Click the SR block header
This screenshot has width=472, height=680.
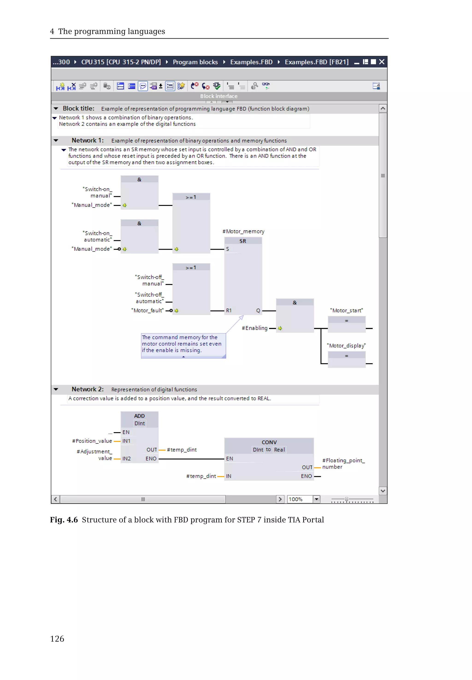click(x=243, y=241)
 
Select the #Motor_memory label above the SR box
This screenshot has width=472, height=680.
click(x=243, y=232)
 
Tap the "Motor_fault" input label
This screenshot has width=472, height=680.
click(x=147, y=310)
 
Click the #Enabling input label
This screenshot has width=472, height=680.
click(x=255, y=328)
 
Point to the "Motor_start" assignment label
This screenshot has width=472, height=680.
click(x=347, y=310)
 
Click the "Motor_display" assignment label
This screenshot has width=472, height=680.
click(x=346, y=346)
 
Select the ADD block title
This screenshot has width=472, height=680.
click(x=139, y=416)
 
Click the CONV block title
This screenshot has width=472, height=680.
click(x=269, y=442)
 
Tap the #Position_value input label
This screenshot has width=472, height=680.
click(x=92, y=441)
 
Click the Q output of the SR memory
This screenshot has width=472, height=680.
click(x=258, y=310)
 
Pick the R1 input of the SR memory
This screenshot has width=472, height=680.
click(x=229, y=310)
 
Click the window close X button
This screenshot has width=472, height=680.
click(x=382, y=62)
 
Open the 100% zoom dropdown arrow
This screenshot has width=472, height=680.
click(x=317, y=499)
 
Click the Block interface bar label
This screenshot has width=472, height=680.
click(x=219, y=96)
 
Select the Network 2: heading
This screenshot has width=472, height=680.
click(x=88, y=389)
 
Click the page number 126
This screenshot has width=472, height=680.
click(x=57, y=638)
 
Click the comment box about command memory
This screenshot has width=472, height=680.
click(x=183, y=344)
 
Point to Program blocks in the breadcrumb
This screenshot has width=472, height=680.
click(x=195, y=62)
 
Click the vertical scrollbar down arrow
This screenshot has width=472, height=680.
click(x=383, y=491)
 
